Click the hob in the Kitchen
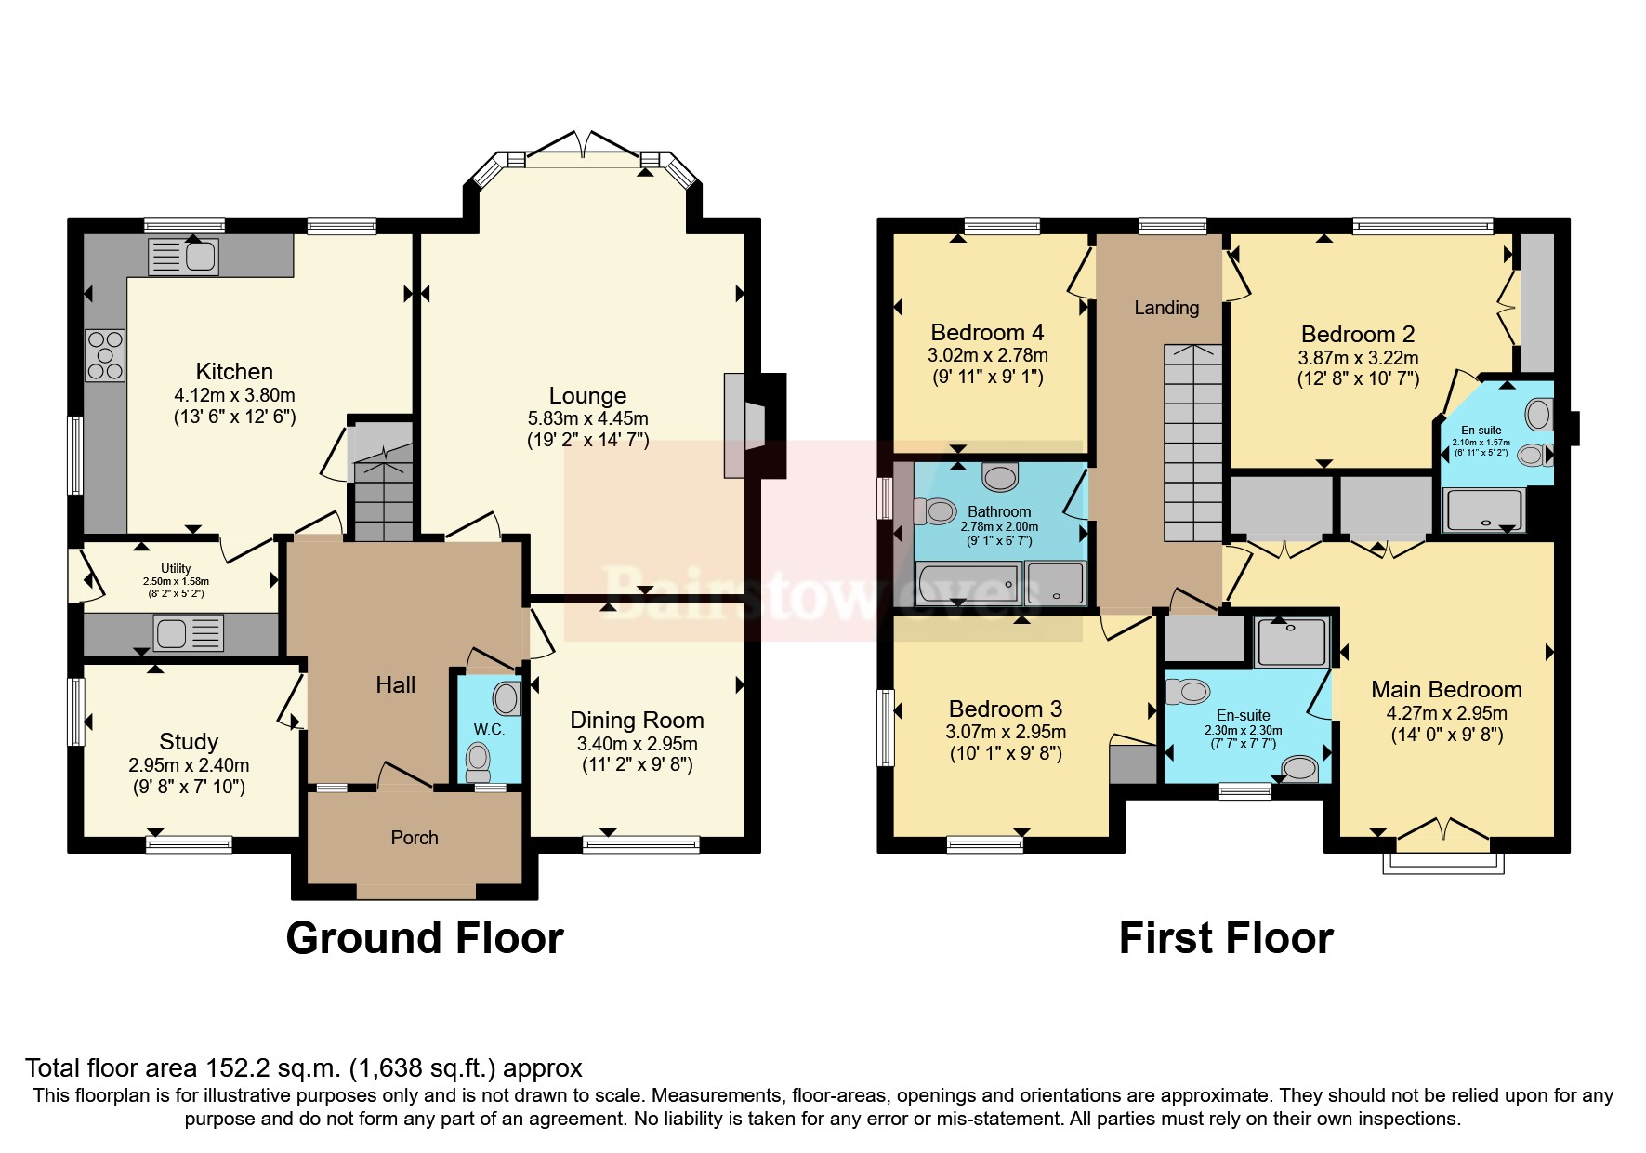tap(105, 355)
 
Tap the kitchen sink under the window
tap(183, 255)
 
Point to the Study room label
tap(189, 741)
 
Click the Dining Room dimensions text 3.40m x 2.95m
tap(637, 744)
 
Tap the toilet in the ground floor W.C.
tap(478, 760)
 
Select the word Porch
tap(415, 838)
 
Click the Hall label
tap(395, 685)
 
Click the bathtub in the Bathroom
tap(968, 584)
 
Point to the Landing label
tap(1166, 308)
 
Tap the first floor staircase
tap(1193, 443)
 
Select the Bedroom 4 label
tap(987, 332)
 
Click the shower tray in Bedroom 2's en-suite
tap(1484, 510)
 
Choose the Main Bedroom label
tap(1446, 689)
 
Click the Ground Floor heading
tap(425, 938)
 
